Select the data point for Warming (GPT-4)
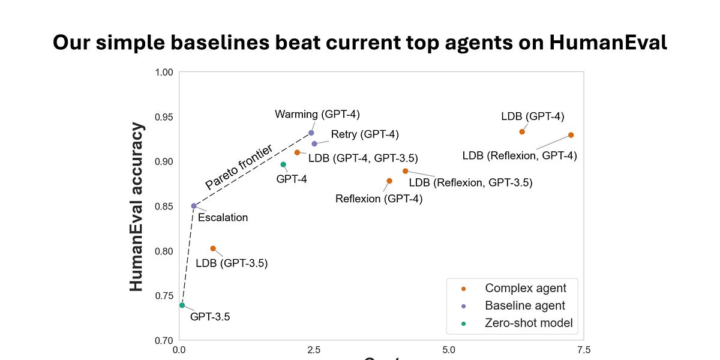311,133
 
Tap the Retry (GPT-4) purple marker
314,143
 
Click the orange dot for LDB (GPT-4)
522,131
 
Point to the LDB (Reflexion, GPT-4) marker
571,135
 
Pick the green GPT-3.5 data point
182,305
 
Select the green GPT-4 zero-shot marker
283,164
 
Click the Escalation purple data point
194,206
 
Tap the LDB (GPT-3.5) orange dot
213,248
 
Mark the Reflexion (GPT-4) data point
389,181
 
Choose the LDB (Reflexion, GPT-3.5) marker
406,171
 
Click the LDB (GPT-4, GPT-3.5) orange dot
297,152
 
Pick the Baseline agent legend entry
525,306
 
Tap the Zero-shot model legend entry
529,323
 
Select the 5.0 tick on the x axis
448,349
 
